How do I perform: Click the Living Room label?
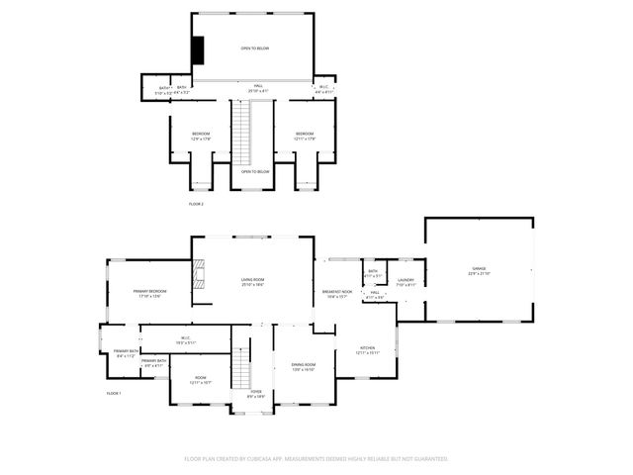252,282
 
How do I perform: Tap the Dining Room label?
303,367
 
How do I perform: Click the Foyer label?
255,393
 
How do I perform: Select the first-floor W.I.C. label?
185,339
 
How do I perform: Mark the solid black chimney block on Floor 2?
198,49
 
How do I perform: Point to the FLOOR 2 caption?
196,204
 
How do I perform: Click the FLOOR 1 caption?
114,394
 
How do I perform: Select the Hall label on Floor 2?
257,87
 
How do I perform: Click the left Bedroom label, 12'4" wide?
200,136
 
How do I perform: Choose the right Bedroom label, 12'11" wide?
304,136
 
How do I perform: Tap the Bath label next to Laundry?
373,273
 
